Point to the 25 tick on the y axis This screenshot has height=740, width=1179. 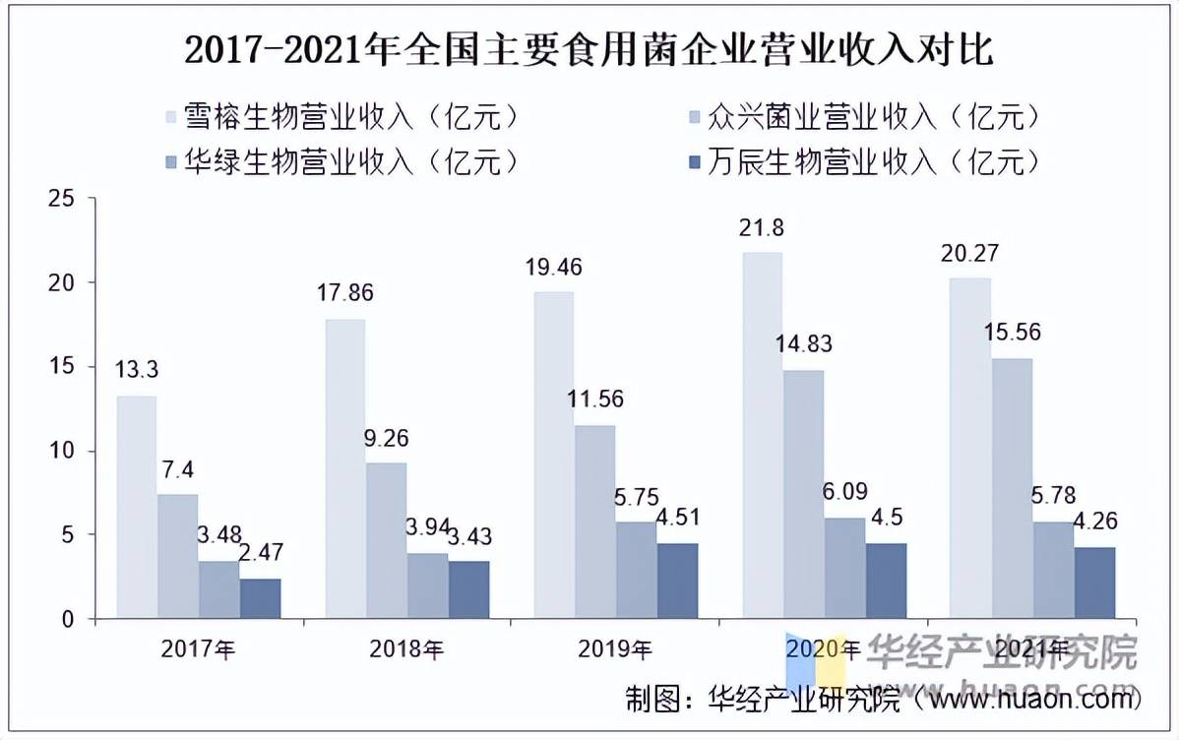click(62, 199)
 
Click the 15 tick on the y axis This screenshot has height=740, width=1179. click(62, 367)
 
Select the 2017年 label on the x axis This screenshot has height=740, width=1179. click(199, 649)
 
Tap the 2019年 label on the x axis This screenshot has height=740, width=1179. click(615, 649)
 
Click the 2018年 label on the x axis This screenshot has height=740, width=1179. click(406, 649)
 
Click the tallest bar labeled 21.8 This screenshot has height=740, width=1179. click(762, 435)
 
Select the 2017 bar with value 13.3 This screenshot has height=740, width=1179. click(137, 507)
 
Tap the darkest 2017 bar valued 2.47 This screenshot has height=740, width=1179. click(260, 598)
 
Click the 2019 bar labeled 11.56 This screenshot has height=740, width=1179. click(594, 522)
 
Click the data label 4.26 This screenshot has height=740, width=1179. click(1095, 521)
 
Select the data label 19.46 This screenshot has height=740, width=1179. click(553, 266)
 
